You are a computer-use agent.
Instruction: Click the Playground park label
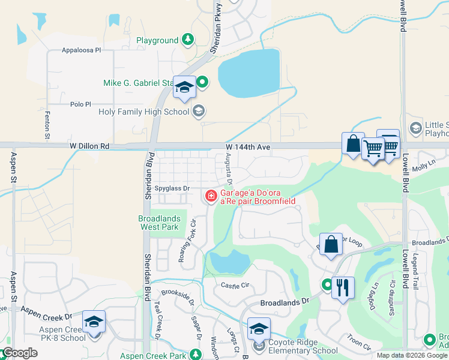pyautogui.click(x=157, y=40)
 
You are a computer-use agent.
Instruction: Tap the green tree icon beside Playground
pyautogui.click(x=188, y=40)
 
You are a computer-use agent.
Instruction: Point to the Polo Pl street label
pyautogui.click(x=80, y=104)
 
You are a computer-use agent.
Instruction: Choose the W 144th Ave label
pyautogui.click(x=248, y=146)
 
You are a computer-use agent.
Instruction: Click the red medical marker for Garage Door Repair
pyautogui.click(x=211, y=196)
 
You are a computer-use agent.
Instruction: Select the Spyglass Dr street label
pyautogui.click(x=172, y=188)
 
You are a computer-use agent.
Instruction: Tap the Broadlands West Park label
pyautogui.click(x=158, y=223)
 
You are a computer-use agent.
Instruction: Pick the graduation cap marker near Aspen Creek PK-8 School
pyautogui.click(x=94, y=322)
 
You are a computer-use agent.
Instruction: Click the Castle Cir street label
pyautogui.click(x=234, y=286)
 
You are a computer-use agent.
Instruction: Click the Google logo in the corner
pyautogui.click(x=20, y=353)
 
